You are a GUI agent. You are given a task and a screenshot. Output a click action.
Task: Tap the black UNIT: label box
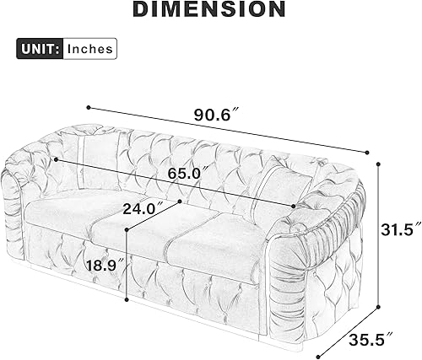click(39, 49)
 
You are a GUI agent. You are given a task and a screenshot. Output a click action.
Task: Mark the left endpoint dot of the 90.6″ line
click(88, 107)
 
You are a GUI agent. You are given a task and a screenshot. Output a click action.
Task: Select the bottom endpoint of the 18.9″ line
click(127, 298)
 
